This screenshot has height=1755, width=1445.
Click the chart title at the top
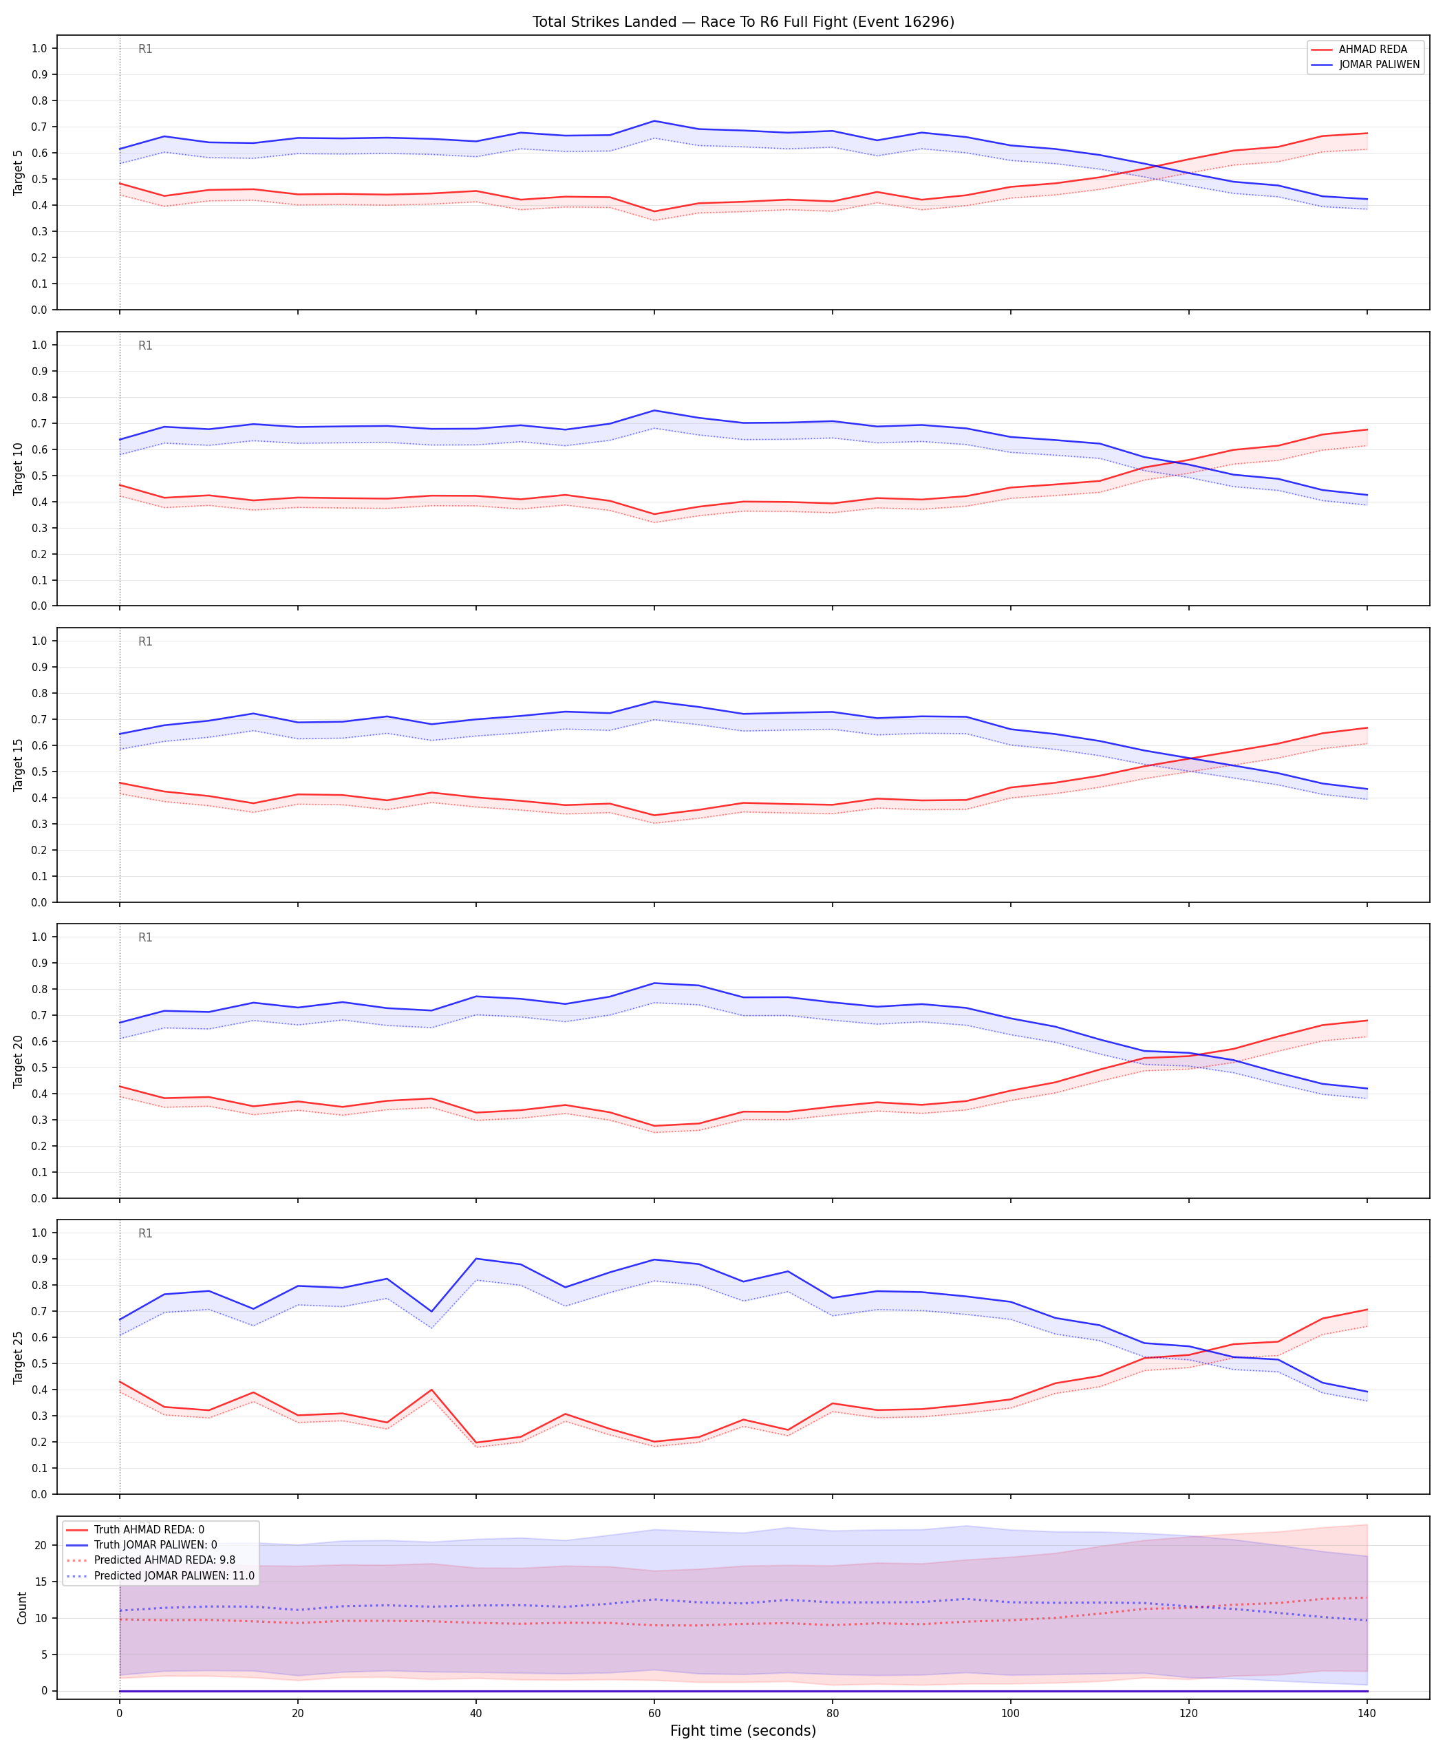[x=743, y=21]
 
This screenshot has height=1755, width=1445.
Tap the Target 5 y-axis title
[x=19, y=172]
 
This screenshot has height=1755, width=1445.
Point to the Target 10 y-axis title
[x=19, y=469]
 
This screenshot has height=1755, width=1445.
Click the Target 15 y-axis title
[x=19, y=764]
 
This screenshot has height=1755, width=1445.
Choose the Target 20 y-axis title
[x=19, y=1061]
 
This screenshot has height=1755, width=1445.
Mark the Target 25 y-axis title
[x=19, y=1357]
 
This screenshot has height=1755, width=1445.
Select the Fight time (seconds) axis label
[x=743, y=1731]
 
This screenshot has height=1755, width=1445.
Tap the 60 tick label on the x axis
[x=654, y=1714]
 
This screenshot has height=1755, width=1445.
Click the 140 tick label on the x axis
[x=1367, y=1714]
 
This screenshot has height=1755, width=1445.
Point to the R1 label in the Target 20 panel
[x=146, y=937]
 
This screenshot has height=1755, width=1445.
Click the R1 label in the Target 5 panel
[x=146, y=49]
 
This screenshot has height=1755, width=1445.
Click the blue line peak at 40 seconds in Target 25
[x=476, y=1259]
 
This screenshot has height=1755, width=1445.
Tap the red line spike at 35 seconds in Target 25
[x=431, y=1390]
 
